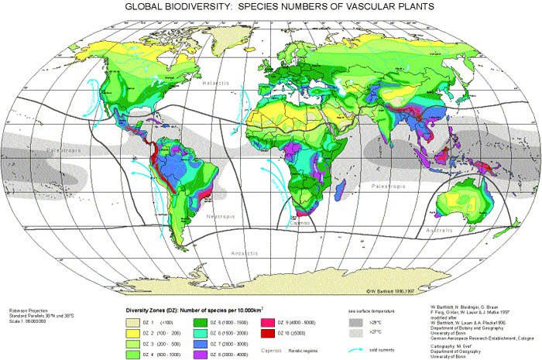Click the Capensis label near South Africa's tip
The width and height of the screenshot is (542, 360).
300,221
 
